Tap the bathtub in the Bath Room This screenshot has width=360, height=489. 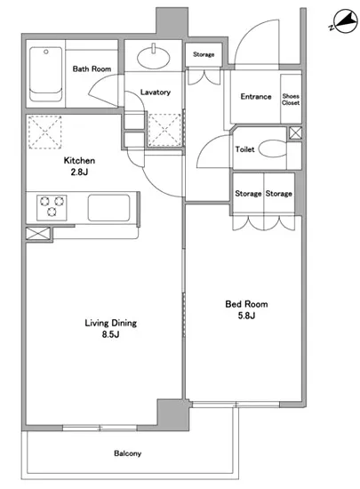point(46,74)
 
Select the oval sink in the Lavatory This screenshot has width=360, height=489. point(154,58)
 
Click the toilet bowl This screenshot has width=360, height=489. point(272,148)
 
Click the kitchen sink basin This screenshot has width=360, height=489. point(108,208)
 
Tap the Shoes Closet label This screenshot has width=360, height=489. point(291,100)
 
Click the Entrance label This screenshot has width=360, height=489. point(256,97)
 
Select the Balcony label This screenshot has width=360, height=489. point(127,453)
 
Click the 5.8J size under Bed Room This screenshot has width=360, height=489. point(246,316)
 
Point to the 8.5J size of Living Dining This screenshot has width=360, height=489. point(110,334)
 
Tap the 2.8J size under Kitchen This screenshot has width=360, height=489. point(79,172)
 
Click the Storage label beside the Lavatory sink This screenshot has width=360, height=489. point(204,54)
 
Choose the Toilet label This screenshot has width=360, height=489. point(245,149)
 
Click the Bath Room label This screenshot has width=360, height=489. point(92,68)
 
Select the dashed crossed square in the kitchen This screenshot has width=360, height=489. point(44,132)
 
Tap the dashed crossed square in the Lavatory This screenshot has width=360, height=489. point(164,130)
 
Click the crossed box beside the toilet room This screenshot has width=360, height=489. point(295,133)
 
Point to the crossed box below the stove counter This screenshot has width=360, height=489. point(37,234)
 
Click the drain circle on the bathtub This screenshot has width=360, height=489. point(46,52)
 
